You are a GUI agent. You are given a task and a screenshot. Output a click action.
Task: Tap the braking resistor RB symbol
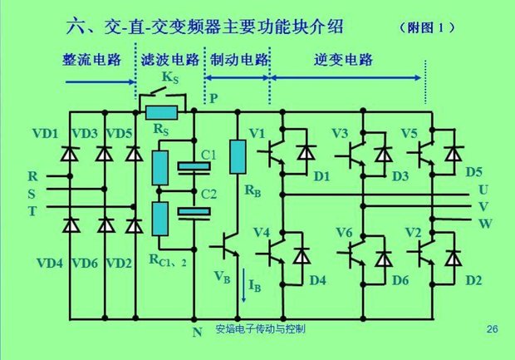click(x=238, y=157)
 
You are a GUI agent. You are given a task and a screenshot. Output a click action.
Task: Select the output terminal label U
click(x=483, y=190)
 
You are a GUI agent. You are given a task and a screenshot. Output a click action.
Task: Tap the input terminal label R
click(x=32, y=176)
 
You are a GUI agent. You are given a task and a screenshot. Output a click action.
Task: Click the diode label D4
click(x=317, y=279)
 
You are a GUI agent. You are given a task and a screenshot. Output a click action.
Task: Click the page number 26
click(x=492, y=330)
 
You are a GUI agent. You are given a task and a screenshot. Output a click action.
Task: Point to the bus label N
click(x=197, y=333)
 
